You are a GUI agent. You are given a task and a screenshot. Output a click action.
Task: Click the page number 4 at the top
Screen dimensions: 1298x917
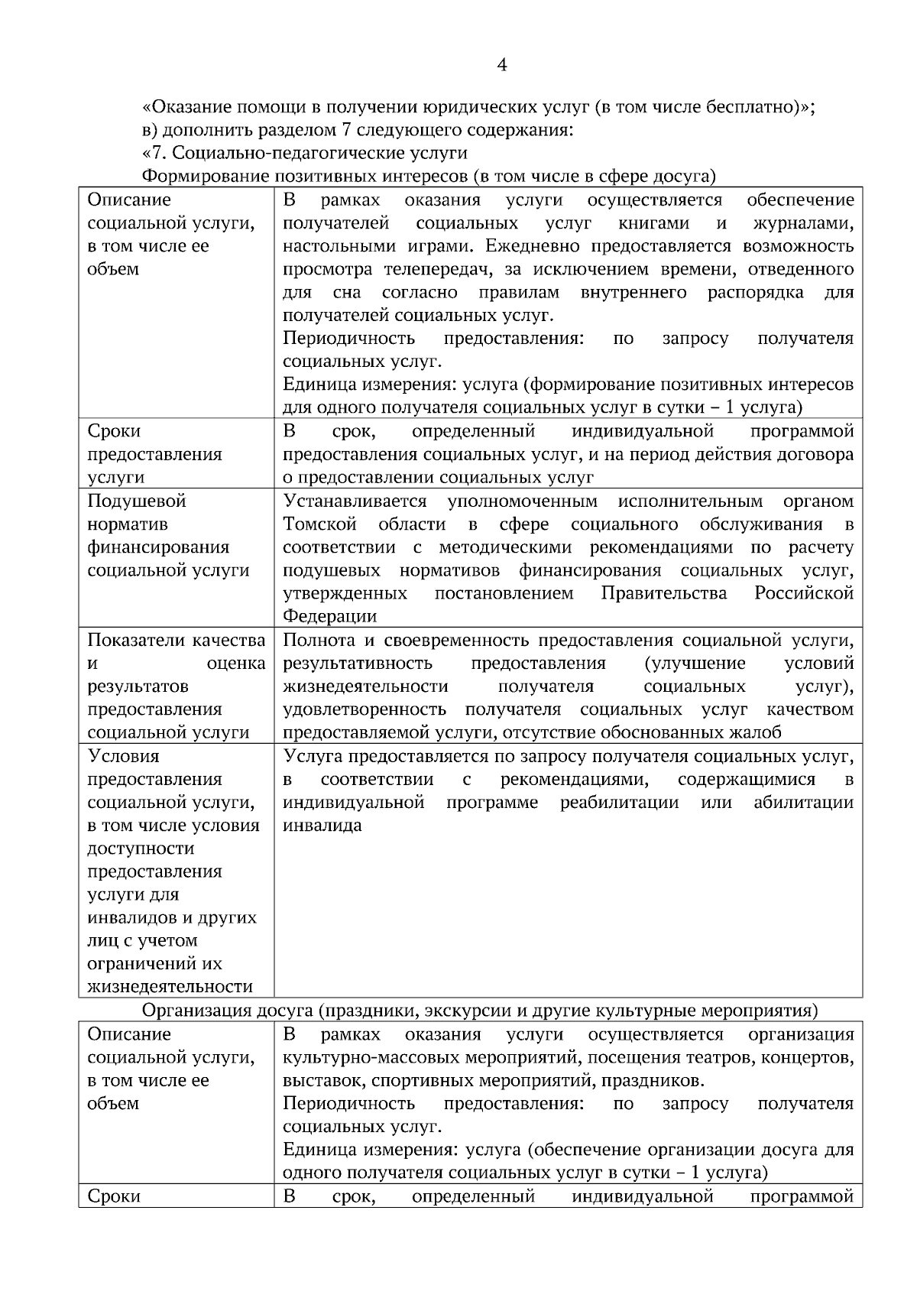[501, 66]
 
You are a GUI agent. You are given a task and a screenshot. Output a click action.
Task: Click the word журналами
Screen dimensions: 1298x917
[803, 223]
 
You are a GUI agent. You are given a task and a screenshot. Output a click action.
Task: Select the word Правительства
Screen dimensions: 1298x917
[664, 593]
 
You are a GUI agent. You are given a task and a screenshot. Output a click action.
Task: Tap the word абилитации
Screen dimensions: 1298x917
[803, 803]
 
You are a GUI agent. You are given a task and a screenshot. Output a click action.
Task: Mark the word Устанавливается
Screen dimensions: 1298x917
[355, 501]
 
